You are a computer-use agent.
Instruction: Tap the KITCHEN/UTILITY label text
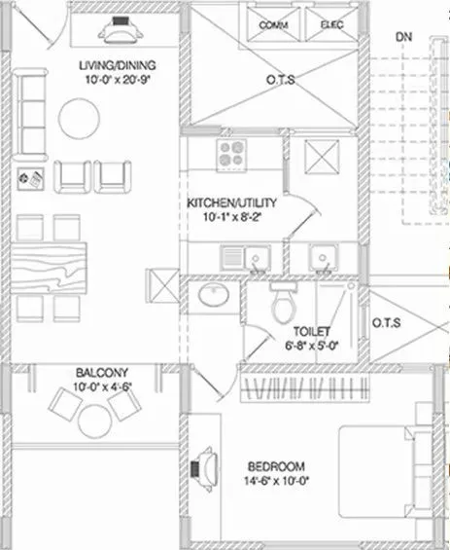coord(232,202)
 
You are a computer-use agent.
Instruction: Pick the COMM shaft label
coord(270,24)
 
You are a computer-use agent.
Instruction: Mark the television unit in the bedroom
coord(205,466)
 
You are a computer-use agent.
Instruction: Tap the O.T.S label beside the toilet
coord(386,323)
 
